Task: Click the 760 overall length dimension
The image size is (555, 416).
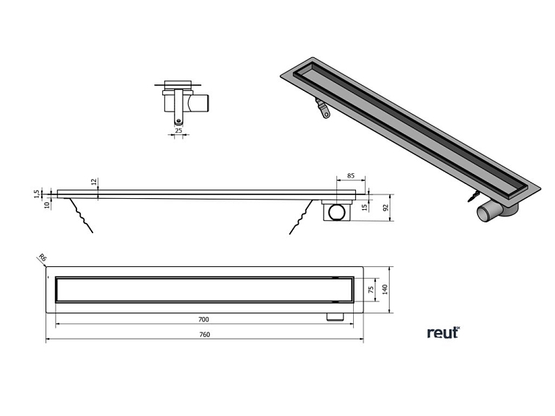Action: [206, 335]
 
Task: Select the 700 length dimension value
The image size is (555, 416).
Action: [203, 319]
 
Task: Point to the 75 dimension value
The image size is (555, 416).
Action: [371, 289]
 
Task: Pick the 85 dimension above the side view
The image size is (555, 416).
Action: [351, 176]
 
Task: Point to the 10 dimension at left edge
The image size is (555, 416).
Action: [45, 205]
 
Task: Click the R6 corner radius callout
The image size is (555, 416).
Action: [42, 258]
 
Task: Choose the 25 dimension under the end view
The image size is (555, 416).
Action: [178, 130]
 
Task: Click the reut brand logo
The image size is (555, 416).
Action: [443, 332]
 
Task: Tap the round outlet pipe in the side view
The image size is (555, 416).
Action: [338, 213]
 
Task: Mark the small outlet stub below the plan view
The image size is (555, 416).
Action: [335, 316]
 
